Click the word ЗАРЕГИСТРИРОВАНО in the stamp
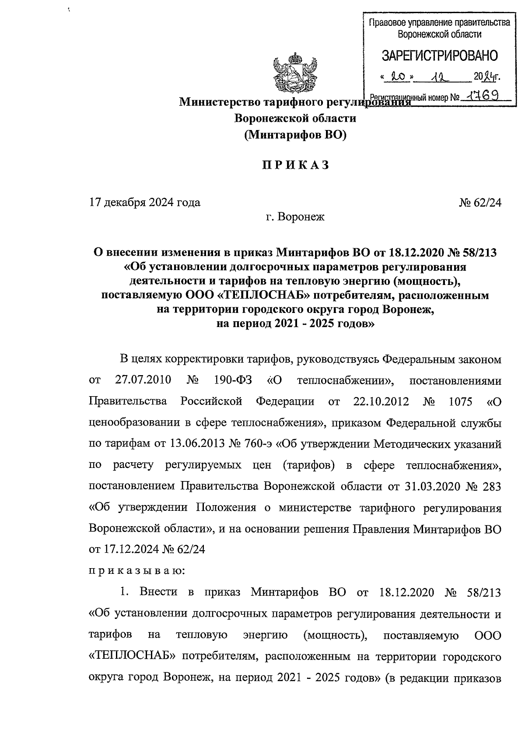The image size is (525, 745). point(440,56)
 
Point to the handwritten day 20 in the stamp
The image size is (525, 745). point(399,77)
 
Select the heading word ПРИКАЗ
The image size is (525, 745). point(295,166)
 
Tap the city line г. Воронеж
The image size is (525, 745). point(295,217)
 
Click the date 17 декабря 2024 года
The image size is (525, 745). point(145,202)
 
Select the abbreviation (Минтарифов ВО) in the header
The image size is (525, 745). point(295,135)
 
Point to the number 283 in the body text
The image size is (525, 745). point(490,486)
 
